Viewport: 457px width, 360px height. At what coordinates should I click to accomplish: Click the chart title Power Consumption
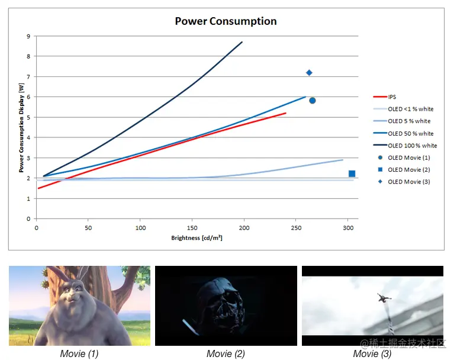pyautogui.click(x=226, y=21)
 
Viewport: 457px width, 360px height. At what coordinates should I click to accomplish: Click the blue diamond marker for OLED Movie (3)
pyautogui.click(x=309, y=73)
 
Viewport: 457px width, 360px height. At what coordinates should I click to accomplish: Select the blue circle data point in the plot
pyautogui.click(x=312, y=101)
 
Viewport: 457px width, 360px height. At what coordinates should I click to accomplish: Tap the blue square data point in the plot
pyautogui.click(x=352, y=173)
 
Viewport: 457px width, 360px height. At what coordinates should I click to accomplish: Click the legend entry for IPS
pyautogui.click(x=392, y=97)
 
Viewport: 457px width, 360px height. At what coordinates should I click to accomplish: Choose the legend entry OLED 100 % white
pyautogui.click(x=412, y=145)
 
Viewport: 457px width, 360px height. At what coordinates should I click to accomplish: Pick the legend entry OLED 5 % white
pyautogui.click(x=409, y=121)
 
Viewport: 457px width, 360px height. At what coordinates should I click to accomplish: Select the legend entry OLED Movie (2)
pyautogui.click(x=408, y=169)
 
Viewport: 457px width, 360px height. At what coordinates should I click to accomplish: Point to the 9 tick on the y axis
pyautogui.click(x=28, y=36)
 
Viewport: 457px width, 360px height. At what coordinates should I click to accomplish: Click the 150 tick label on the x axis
pyautogui.click(x=192, y=227)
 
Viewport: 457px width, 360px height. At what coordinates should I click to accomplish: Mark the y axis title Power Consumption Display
pyautogui.click(x=21, y=127)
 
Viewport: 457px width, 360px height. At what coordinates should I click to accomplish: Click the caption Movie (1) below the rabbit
pyautogui.click(x=79, y=353)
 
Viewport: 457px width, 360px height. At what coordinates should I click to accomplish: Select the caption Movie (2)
pyautogui.click(x=226, y=353)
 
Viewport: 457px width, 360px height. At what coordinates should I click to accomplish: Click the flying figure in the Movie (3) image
pyautogui.click(x=384, y=298)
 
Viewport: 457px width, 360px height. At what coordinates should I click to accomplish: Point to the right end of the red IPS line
pyautogui.click(x=286, y=112)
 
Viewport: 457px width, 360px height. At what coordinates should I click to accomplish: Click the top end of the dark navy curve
pyautogui.click(x=242, y=42)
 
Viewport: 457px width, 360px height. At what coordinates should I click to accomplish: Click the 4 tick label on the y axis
pyautogui.click(x=28, y=137)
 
